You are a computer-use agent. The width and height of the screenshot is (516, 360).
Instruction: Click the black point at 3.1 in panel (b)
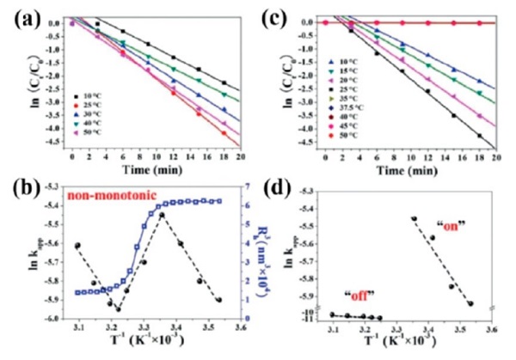pos(78,246)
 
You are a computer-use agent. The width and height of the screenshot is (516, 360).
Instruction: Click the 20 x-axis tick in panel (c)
pos(495,158)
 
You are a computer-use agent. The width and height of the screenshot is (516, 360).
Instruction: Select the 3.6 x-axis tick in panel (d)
pos(492,329)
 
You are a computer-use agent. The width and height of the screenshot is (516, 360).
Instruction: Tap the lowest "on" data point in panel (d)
pos(470,303)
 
